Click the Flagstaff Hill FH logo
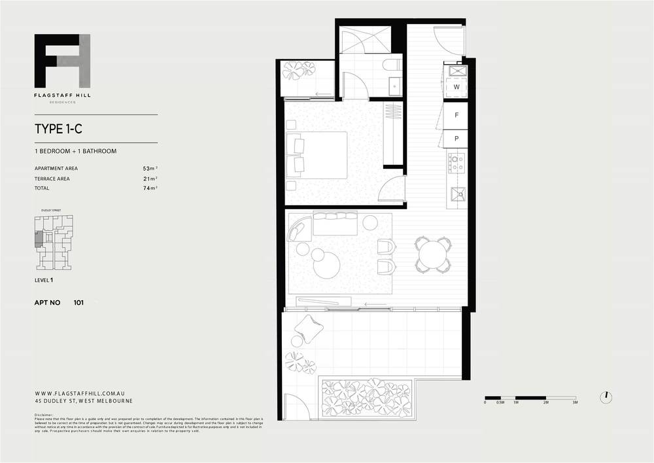[x=63, y=61]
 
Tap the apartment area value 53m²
[x=150, y=168]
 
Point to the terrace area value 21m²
[x=150, y=178]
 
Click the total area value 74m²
[x=150, y=188]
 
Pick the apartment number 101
[x=78, y=303]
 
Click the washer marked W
[x=456, y=87]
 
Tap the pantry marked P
[x=456, y=139]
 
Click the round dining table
[x=432, y=254]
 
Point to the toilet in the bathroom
[x=391, y=65]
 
